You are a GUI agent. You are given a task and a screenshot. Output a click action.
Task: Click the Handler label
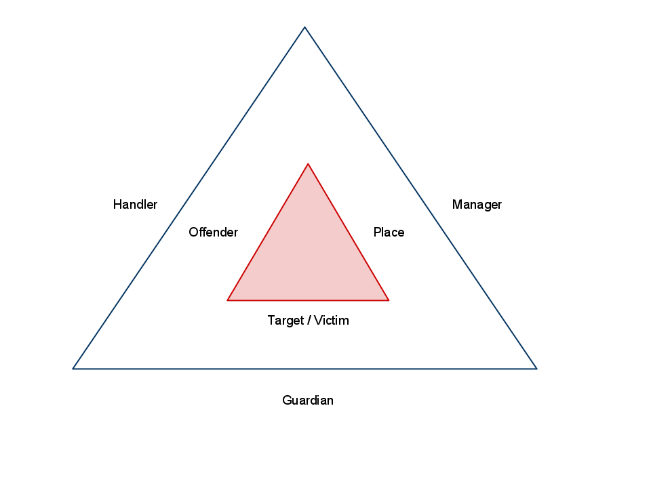click(x=135, y=205)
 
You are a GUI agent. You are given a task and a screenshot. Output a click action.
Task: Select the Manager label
click(x=477, y=205)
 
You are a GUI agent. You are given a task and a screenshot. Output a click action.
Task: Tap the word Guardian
click(x=308, y=401)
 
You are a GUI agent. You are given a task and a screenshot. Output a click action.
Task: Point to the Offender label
click(x=213, y=232)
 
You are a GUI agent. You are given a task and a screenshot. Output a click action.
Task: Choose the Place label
click(x=389, y=232)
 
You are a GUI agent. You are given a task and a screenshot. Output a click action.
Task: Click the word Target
click(x=285, y=321)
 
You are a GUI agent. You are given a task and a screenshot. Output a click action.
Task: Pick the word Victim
click(x=331, y=321)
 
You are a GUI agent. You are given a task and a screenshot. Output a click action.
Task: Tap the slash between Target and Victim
click(x=309, y=321)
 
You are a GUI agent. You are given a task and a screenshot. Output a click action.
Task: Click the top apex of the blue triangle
click(x=304, y=28)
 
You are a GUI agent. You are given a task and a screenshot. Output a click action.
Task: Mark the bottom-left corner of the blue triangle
click(x=73, y=368)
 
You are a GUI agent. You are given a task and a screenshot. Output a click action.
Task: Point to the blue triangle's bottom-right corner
click(x=536, y=368)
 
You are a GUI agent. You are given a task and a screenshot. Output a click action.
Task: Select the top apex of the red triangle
click(x=308, y=164)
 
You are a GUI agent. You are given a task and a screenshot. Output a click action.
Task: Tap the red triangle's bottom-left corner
click(x=228, y=300)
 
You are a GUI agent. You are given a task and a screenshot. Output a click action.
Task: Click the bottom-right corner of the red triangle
click(x=388, y=300)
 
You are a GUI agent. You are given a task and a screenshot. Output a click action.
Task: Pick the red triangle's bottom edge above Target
click(x=308, y=300)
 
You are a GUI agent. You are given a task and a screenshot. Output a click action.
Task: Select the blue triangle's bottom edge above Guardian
click(x=308, y=369)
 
